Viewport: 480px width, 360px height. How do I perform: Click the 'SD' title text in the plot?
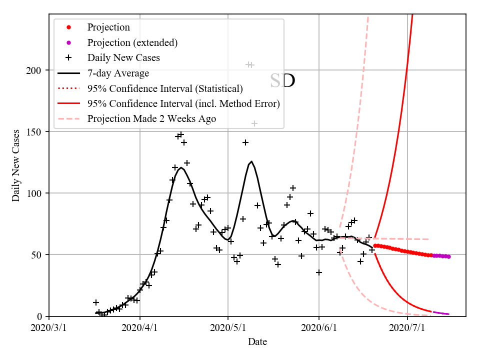282,80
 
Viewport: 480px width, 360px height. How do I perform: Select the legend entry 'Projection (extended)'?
132,42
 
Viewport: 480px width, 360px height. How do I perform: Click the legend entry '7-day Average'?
118,73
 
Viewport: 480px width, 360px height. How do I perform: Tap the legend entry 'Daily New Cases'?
123,58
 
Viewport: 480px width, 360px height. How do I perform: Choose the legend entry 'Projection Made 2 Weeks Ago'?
151,119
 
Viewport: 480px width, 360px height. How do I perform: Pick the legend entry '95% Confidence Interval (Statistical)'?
165,88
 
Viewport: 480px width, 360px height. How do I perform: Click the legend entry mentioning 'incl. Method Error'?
183,104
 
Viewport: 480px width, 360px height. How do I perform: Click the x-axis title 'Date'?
257,342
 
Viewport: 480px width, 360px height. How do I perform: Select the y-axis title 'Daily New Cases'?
16,165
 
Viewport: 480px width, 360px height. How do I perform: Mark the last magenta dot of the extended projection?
448,256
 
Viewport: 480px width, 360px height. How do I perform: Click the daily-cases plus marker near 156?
254,123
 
